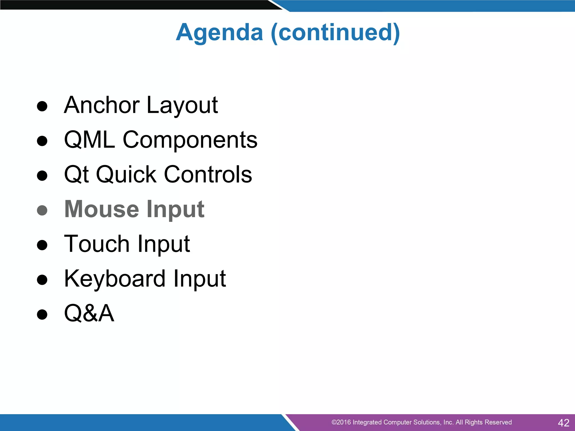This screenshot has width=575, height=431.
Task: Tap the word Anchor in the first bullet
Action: coord(102,105)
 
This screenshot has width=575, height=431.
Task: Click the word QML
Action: coord(90,140)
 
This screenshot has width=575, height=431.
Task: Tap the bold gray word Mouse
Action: coord(102,209)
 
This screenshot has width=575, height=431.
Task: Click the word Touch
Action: coord(97,244)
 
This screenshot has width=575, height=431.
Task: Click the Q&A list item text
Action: coord(89,313)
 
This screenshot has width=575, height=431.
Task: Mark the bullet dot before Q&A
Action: coord(42,315)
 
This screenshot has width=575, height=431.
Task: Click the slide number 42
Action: coord(563,423)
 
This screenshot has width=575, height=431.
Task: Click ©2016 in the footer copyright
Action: coord(341,422)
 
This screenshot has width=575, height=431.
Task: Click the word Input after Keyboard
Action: coord(199,279)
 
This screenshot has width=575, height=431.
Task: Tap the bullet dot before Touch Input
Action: coord(42,245)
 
